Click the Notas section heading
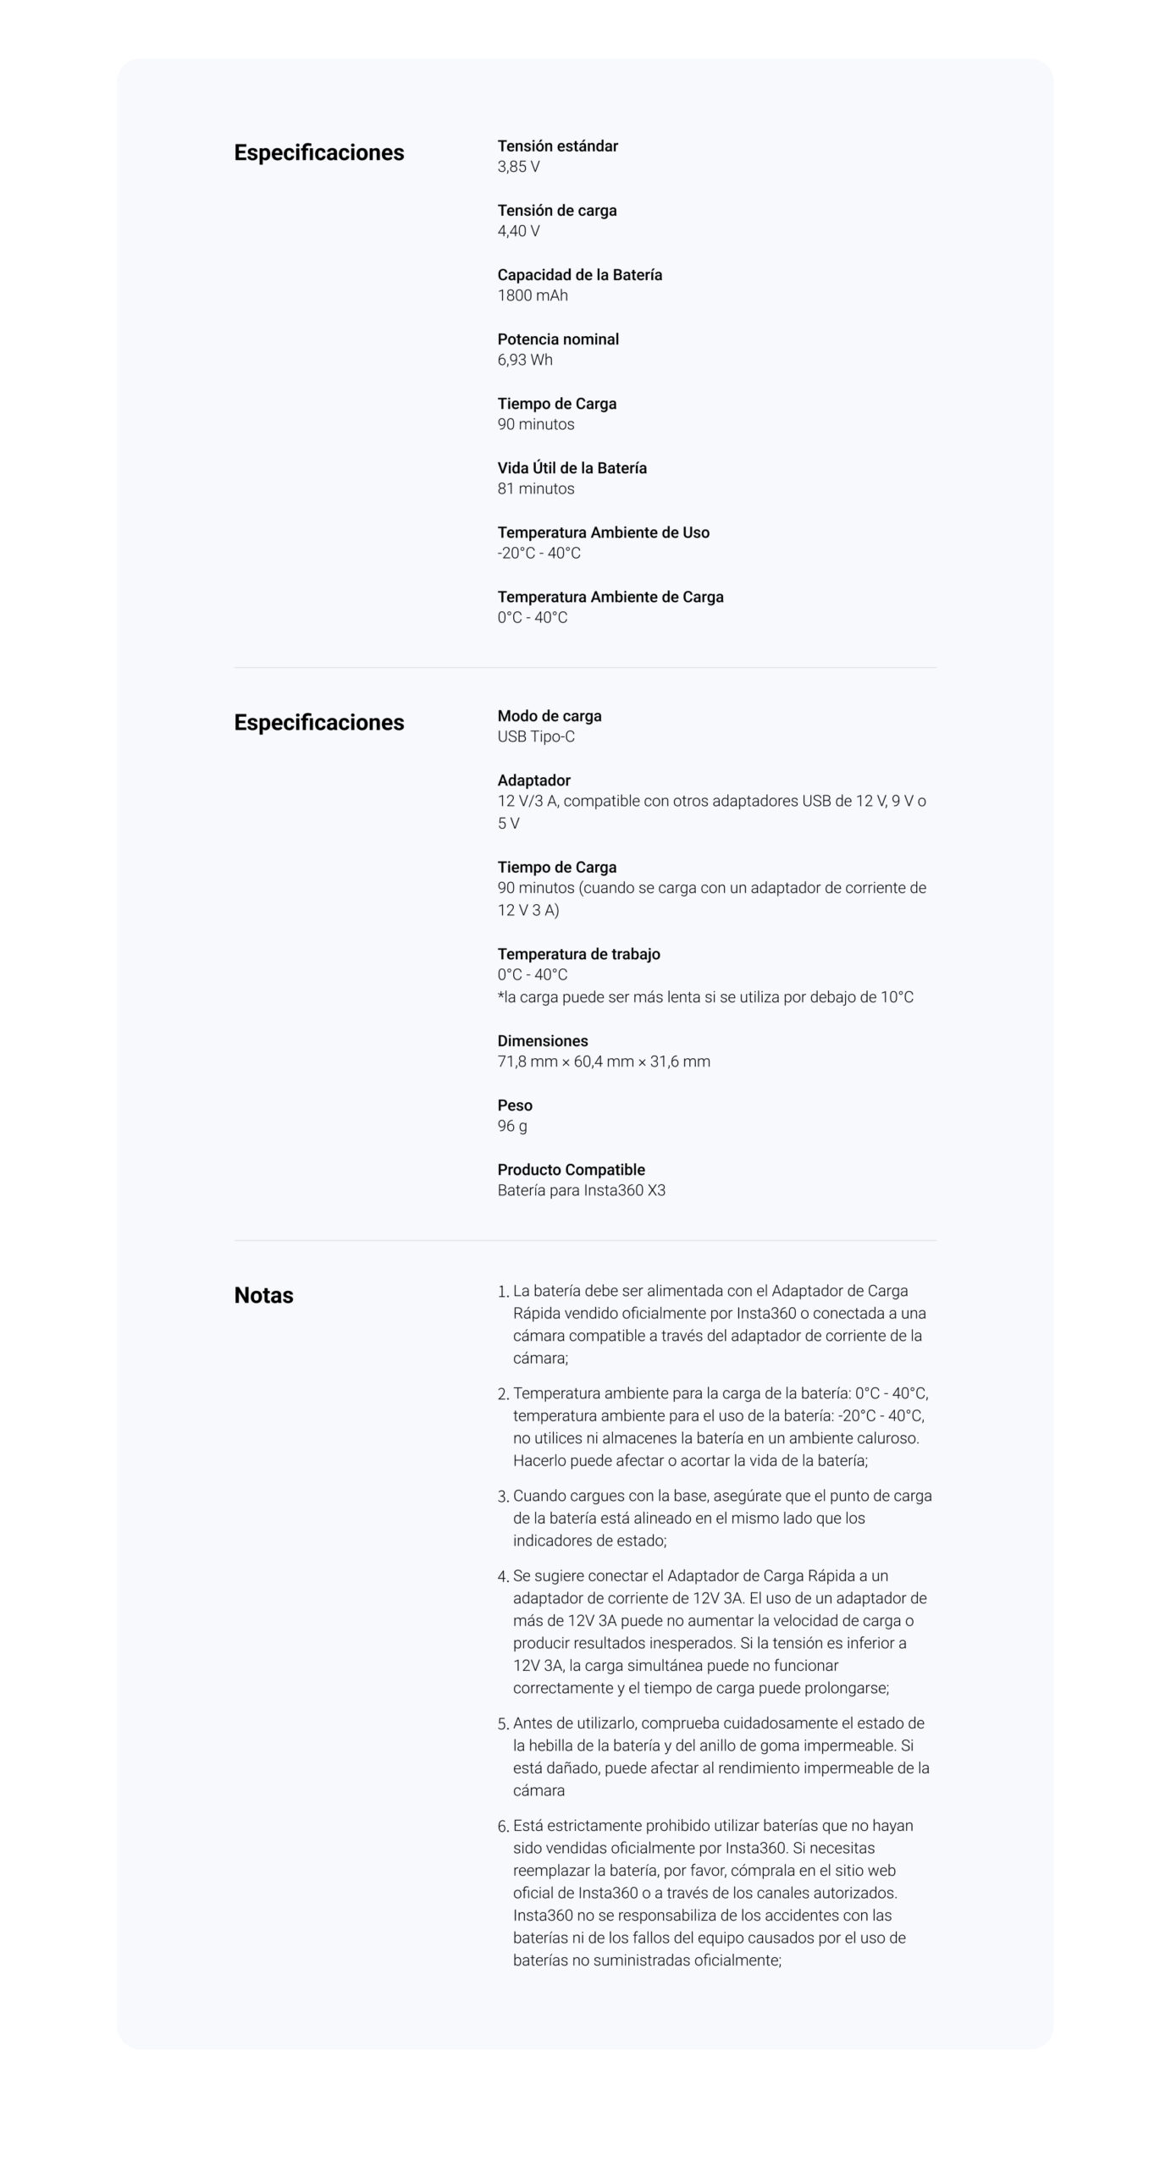click(x=263, y=1295)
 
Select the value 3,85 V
click(x=518, y=167)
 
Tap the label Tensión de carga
click(x=556, y=210)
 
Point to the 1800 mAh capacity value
click(x=532, y=295)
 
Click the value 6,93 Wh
click(x=524, y=360)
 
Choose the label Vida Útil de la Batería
click(x=572, y=468)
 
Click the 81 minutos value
click(x=535, y=488)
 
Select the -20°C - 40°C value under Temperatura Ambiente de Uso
click(x=539, y=553)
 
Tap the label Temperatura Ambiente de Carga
click(x=610, y=597)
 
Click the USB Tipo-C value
click(x=535, y=736)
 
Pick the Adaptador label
click(x=533, y=780)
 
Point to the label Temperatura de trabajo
click(x=578, y=954)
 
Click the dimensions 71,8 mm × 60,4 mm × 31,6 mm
click(x=603, y=1061)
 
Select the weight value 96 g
click(x=511, y=1126)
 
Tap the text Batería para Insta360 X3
click(x=581, y=1190)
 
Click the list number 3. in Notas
click(x=503, y=1497)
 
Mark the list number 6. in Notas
click(x=503, y=1827)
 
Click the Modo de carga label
click(x=549, y=716)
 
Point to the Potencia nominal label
click(x=557, y=339)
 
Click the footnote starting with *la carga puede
click(x=704, y=997)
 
